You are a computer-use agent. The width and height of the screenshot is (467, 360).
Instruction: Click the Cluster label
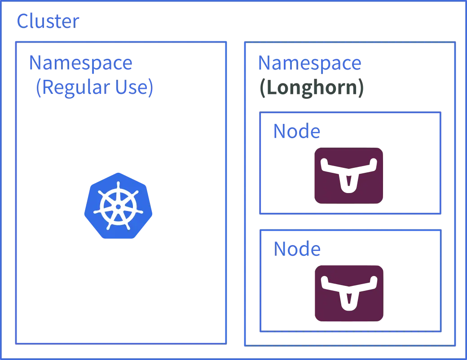(48, 21)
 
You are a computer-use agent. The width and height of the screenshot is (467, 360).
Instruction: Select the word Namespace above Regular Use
(80, 63)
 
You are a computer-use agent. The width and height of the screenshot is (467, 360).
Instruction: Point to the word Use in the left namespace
(135, 88)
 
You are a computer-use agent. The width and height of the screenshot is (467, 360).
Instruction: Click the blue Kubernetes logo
(118, 206)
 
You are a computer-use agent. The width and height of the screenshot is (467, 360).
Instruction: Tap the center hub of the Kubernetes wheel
(118, 206)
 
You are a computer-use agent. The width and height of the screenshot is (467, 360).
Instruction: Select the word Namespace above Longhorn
(310, 63)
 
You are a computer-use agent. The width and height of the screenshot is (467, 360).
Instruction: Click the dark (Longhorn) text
(312, 88)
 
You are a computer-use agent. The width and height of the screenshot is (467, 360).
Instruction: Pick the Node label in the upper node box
(296, 132)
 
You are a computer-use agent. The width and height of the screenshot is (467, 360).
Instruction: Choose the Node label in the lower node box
(296, 249)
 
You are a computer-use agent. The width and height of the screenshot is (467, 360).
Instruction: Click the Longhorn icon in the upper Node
(348, 175)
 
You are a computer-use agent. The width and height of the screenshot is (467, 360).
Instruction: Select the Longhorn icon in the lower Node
(348, 292)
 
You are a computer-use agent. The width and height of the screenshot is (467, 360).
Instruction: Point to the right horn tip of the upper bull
(371, 164)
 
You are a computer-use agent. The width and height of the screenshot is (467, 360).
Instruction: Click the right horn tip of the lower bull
(372, 284)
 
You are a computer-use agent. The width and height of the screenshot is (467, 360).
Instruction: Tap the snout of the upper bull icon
(348, 186)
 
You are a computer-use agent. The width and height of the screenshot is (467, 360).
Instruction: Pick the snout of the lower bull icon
(348, 305)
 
